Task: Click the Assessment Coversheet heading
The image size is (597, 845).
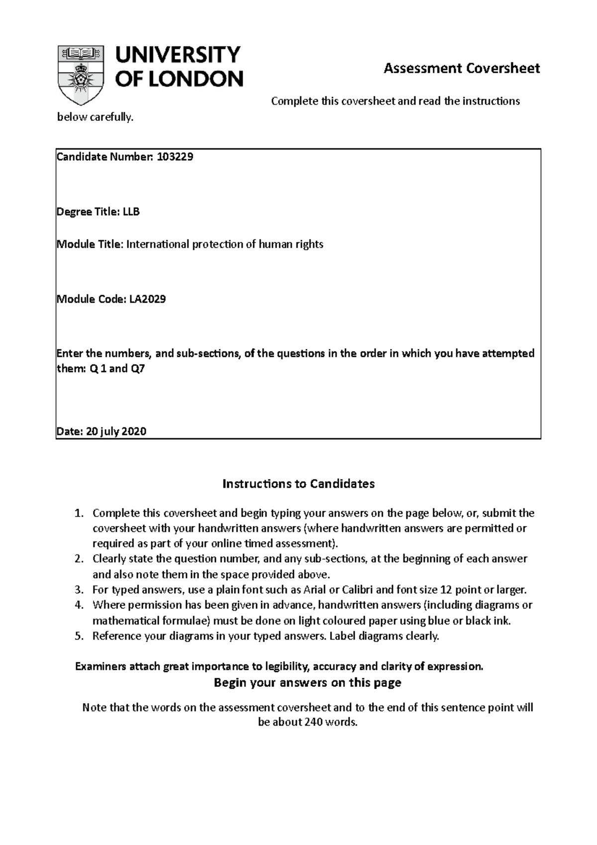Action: pyautogui.click(x=461, y=68)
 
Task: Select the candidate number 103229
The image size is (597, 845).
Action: pyautogui.click(x=175, y=157)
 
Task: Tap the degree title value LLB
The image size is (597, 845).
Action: pyautogui.click(x=131, y=212)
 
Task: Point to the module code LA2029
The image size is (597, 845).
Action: pyautogui.click(x=148, y=300)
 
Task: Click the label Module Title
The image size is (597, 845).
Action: pyautogui.click(x=89, y=244)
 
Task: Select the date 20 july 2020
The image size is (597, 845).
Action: pyautogui.click(x=116, y=431)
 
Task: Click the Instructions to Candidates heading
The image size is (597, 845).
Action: pyautogui.click(x=298, y=484)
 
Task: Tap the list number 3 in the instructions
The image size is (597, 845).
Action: pyautogui.click(x=78, y=590)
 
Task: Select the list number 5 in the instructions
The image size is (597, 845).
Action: pyautogui.click(x=78, y=636)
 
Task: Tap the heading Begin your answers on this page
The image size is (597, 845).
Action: pyautogui.click(x=307, y=683)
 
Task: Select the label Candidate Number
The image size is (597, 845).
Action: pyautogui.click(x=104, y=157)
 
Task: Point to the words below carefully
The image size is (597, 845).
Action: pyautogui.click(x=96, y=118)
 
